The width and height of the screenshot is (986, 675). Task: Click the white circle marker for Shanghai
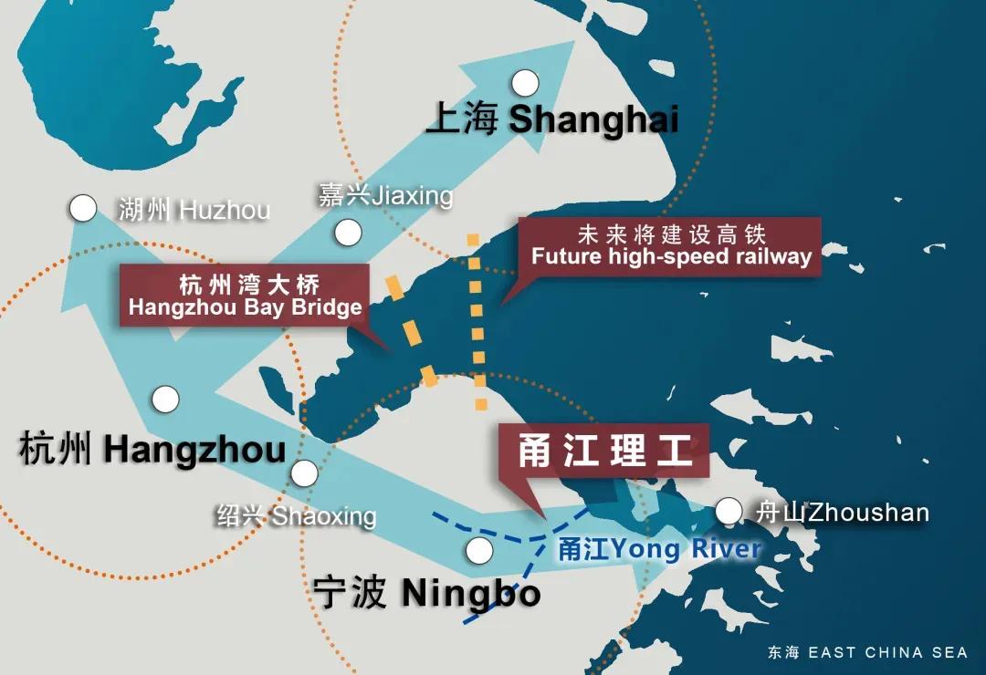(525, 84)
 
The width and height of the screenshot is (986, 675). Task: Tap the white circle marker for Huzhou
(83, 209)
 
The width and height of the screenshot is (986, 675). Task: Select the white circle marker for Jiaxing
(348, 233)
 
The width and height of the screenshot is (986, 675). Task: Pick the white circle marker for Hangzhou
(165, 399)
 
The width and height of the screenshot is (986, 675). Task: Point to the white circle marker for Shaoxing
(304, 473)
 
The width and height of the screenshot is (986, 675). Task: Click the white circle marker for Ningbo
(479, 550)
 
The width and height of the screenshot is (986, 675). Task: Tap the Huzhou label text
(194, 211)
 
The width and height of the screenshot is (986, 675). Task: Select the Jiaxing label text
(385, 195)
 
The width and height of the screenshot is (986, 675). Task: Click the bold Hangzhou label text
(152, 450)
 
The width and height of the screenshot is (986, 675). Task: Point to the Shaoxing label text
(296, 516)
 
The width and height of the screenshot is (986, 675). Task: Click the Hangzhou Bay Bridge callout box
(245, 295)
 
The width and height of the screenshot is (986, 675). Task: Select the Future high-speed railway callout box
(671, 244)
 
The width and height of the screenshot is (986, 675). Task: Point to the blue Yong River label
(659, 549)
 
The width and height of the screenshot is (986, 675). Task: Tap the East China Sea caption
(867, 652)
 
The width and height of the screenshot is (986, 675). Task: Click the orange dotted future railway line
(476, 319)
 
